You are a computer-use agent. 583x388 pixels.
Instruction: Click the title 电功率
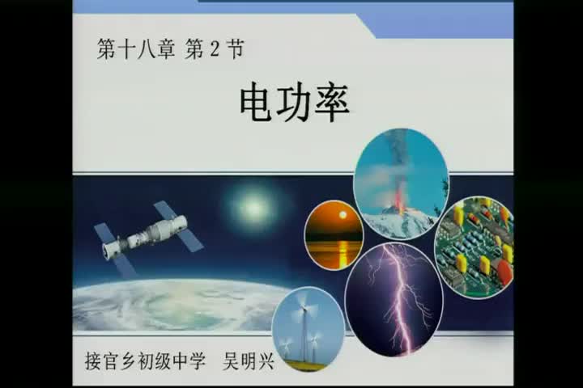pos(295,103)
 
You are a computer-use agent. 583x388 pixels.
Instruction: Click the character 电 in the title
pos(257,103)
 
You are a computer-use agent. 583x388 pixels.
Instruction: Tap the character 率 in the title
pos(332,103)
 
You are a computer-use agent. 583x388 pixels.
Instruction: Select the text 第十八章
pos(131,51)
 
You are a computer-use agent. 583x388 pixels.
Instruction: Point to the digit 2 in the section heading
pos(213,51)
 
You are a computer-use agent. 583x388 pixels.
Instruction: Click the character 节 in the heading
pos(234,51)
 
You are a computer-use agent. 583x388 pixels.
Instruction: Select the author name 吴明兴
pos(249,360)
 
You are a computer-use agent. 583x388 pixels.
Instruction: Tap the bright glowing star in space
pos(253,209)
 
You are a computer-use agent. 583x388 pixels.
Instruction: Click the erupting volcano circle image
pos(400,183)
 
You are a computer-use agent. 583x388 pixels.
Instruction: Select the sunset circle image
pos(334,234)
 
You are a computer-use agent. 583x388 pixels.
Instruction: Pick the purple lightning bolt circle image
pos(394,299)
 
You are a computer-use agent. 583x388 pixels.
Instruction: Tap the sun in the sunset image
pos(342,216)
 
